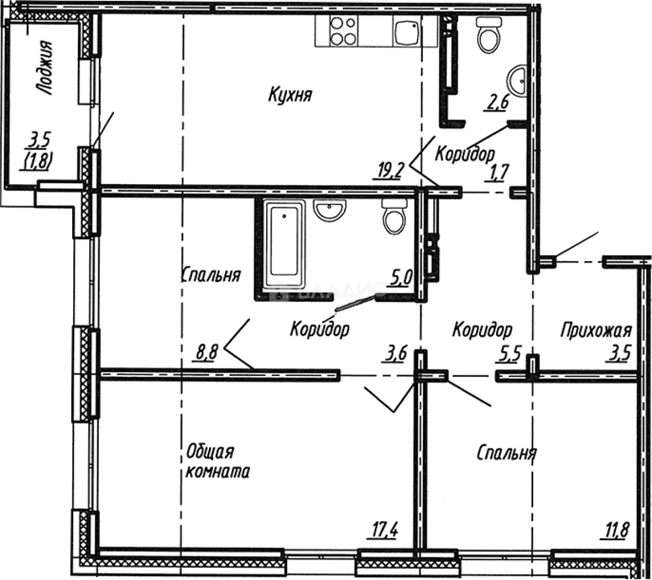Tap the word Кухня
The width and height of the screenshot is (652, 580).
pyautogui.click(x=290, y=96)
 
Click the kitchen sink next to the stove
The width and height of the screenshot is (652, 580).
pyautogui.click(x=406, y=31)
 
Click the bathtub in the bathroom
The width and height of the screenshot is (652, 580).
pyautogui.click(x=284, y=243)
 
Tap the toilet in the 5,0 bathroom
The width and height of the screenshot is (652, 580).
pyautogui.click(x=395, y=217)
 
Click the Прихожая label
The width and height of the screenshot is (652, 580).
pyautogui.click(x=596, y=330)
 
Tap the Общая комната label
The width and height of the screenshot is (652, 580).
pyautogui.click(x=217, y=462)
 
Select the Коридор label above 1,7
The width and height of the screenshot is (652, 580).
pyautogui.click(x=464, y=154)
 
